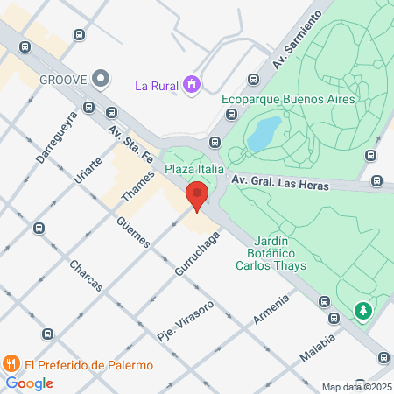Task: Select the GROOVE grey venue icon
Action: (101, 79)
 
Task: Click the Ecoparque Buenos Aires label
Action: (287, 99)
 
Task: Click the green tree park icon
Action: (362, 309)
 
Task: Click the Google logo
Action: (29, 383)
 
